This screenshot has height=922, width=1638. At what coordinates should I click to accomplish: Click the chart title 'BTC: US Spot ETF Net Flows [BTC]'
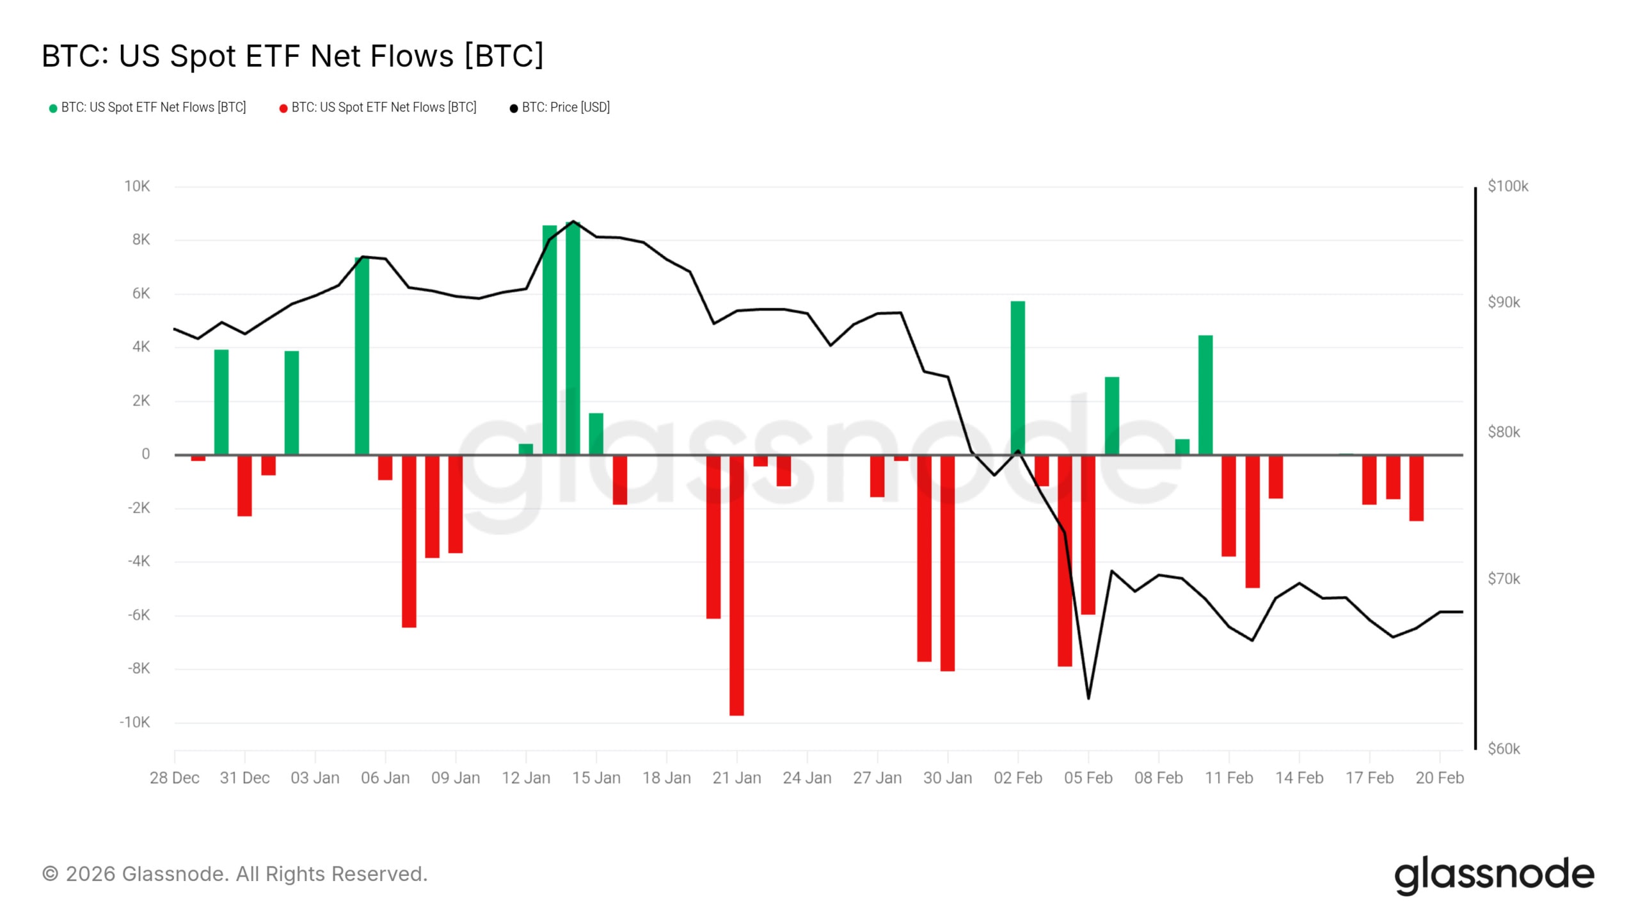292,56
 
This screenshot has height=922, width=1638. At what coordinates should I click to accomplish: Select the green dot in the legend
53,108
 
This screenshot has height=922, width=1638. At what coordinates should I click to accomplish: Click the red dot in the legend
283,108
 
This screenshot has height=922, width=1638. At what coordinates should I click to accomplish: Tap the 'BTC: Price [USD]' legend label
566,108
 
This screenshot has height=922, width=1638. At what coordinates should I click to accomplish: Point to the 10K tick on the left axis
137,186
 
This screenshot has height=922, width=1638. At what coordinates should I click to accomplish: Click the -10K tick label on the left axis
134,722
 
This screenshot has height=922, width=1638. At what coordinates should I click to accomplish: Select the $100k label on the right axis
1507,186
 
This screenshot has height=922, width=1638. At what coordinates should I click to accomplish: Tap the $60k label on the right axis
1504,748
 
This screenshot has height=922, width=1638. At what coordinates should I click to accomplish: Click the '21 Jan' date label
736,778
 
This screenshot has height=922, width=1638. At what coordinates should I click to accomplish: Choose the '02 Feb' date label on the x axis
1018,778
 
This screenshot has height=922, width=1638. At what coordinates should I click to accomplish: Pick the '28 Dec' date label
175,778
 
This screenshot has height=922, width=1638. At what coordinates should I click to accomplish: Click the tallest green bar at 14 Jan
573,339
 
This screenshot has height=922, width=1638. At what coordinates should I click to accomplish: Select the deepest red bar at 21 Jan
736,585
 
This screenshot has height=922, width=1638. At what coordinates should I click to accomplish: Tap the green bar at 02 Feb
1018,378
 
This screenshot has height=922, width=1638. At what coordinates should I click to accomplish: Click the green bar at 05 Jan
362,356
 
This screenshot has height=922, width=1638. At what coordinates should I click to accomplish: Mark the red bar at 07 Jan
409,541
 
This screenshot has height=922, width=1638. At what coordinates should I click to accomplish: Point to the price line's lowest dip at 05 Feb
1088,698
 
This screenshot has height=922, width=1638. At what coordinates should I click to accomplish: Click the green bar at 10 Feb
1205,395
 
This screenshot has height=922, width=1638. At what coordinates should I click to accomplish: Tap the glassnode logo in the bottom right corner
1494,875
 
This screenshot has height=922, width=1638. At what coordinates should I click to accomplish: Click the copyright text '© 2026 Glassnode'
234,874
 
